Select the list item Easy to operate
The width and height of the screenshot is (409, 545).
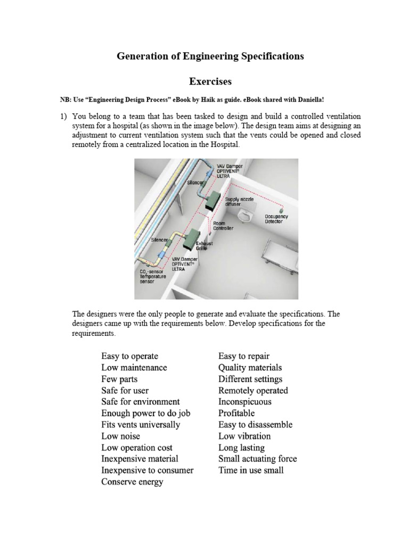pos(129,356)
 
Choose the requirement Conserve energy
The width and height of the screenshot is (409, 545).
pos(132,482)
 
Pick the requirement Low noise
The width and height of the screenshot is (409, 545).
pos(120,436)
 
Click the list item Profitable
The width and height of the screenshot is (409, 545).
pos(236,413)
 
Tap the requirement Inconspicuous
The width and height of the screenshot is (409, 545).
pos(244,402)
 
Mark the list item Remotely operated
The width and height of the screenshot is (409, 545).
pos(253,390)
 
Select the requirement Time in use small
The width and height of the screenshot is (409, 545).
pos(251,470)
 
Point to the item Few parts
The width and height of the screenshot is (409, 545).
pos(119,379)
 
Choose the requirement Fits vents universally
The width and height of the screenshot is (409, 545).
pos(141,425)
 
